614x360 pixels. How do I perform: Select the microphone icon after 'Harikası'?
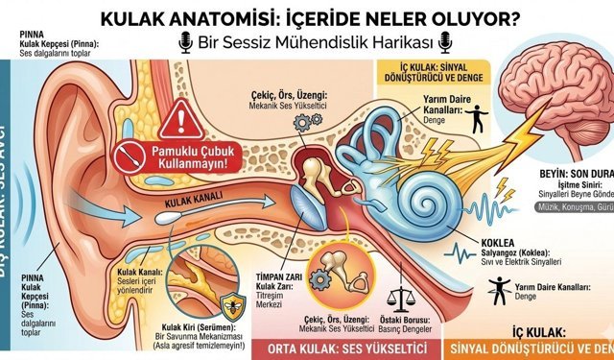(x=444, y=42)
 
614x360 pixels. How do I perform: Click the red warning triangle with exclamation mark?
(x=177, y=121)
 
